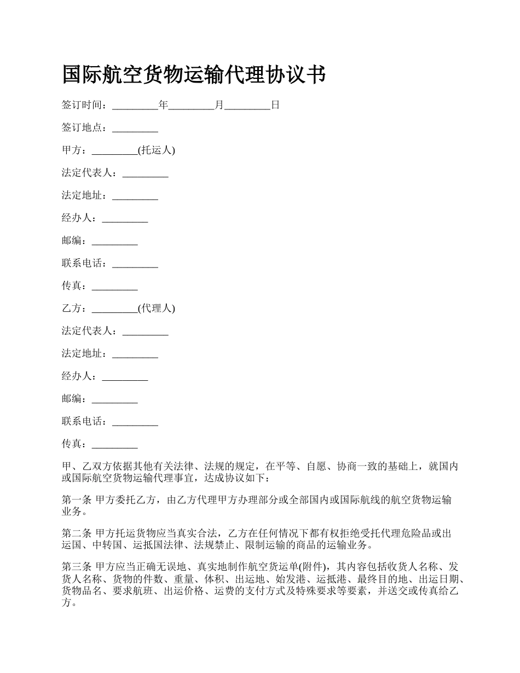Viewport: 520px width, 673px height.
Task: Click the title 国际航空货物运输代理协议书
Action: [194, 75]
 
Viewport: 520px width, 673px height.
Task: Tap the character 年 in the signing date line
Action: [163, 105]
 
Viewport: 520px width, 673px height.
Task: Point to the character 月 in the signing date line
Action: [219, 105]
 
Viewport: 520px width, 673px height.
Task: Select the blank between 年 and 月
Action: [191, 107]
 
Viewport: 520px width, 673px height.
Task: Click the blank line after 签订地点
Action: [135, 130]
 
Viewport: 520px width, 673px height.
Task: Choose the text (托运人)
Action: [157, 150]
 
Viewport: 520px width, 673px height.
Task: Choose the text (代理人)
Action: [157, 308]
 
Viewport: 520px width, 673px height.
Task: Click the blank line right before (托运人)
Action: [115, 153]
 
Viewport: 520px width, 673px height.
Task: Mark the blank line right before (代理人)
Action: [115, 310]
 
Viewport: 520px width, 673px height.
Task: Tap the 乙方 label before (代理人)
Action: [72, 308]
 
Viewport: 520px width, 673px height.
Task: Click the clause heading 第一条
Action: [77, 500]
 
